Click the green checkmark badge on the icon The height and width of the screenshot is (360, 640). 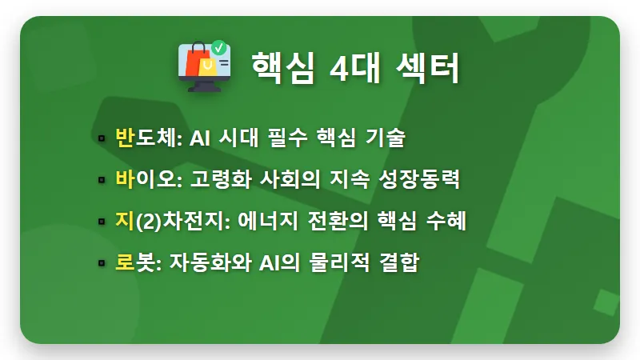click(218, 47)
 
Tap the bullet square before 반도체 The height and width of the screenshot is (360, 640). click(102, 138)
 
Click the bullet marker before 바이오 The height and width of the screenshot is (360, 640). click(102, 180)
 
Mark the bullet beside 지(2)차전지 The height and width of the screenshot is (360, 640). click(102, 222)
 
